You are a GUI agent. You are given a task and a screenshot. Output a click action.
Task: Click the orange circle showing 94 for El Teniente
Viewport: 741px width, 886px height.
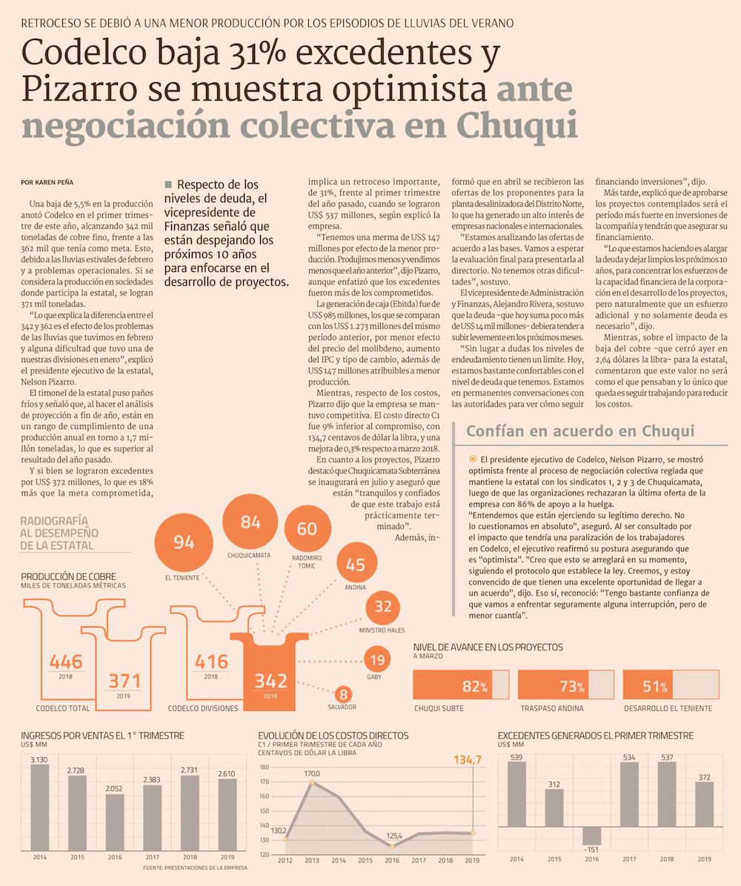tap(184, 542)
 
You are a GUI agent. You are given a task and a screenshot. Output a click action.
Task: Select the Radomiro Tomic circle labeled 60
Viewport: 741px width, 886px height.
tap(307, 529)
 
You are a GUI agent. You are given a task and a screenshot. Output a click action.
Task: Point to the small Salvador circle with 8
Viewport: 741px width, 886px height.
tap(342, 695)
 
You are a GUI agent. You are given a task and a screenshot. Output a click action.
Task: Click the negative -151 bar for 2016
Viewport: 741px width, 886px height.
tap(591, 835)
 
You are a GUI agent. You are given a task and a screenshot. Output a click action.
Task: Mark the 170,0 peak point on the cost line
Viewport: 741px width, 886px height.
tap(312, 782)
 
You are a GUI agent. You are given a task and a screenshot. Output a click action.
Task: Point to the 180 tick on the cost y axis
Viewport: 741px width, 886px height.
tap(265, 767)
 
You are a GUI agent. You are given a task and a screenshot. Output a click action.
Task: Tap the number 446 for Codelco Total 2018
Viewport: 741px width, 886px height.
tap(66, 662)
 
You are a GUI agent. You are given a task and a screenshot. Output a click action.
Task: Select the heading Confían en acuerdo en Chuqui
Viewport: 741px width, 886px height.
tap(580, 431)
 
